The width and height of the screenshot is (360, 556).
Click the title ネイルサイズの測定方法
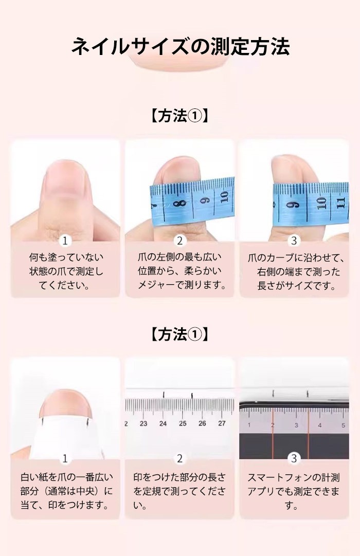(x=181, y=47)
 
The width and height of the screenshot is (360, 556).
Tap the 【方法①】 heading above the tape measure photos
(x=179, y=116)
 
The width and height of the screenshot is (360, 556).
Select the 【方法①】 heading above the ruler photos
(x=179, y=334)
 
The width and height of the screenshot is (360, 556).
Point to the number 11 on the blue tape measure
(x=340, y=203)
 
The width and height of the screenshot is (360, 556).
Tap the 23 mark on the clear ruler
(x=143, y=423)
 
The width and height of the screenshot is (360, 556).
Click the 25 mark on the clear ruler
(x=183, y=423)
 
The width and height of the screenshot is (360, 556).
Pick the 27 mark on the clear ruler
(x=222, y=423)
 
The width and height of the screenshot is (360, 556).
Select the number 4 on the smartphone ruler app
(x=319, y=425)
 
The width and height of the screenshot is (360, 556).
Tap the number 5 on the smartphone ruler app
(x=343, y=425)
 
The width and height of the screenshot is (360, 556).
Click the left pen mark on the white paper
(x=42, y=421)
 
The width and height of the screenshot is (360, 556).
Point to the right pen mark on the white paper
(x=87, y=421)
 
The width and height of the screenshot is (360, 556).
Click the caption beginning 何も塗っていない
(x=66, y=271)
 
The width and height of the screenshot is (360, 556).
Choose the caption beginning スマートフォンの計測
(x=294, y=491)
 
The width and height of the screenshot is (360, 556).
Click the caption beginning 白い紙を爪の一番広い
(x=66, y=491)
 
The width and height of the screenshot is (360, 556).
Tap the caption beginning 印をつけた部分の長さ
(x=179, y=491)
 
